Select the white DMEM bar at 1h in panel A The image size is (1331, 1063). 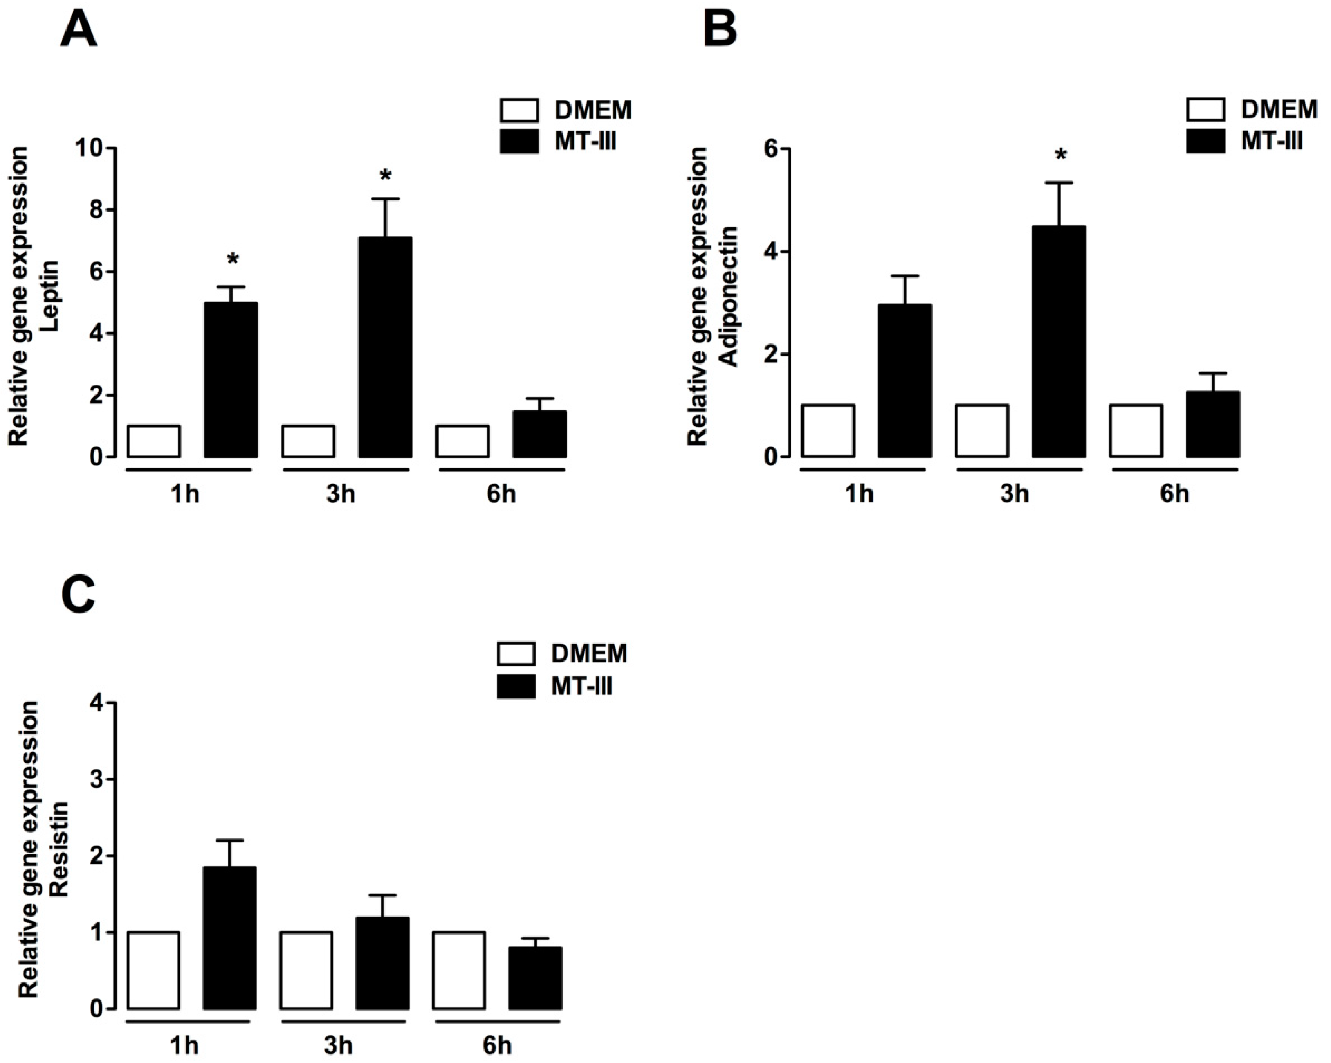pos(154,441)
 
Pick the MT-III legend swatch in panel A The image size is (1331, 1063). pos(518,142)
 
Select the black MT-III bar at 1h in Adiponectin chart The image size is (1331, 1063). pos(905,381)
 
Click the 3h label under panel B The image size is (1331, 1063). pos(1015,494)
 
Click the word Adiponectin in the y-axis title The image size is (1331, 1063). pos(730,297)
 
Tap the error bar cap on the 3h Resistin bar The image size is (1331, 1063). pos(383,895)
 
